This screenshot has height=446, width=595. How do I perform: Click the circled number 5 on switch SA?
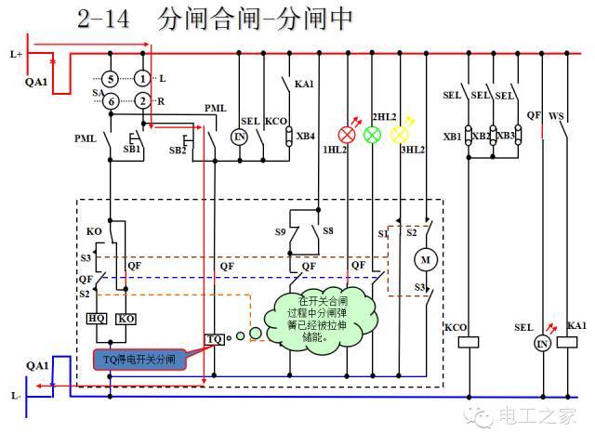(x=110, y=80)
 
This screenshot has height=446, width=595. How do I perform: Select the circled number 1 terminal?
(x=142, y=80)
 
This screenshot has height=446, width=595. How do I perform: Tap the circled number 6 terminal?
(x=110, y=100)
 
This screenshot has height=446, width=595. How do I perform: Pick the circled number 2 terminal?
(x=142, y=100)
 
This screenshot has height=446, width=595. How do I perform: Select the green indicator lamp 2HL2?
(x=372, y=134)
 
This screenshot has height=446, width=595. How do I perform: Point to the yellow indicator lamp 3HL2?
(x=400, y=134)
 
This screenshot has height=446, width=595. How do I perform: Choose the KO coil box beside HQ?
(x=126, y=319)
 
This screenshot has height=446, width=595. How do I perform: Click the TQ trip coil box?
(x=215, y=338)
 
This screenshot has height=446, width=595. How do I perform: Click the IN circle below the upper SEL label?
(x=239, y=137)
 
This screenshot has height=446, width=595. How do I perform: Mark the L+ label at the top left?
(x=16, y=55)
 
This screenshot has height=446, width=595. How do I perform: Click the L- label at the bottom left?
(x=16, y=396)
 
